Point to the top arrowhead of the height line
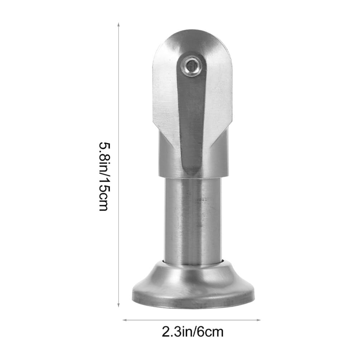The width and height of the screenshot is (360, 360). point(119,24)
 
